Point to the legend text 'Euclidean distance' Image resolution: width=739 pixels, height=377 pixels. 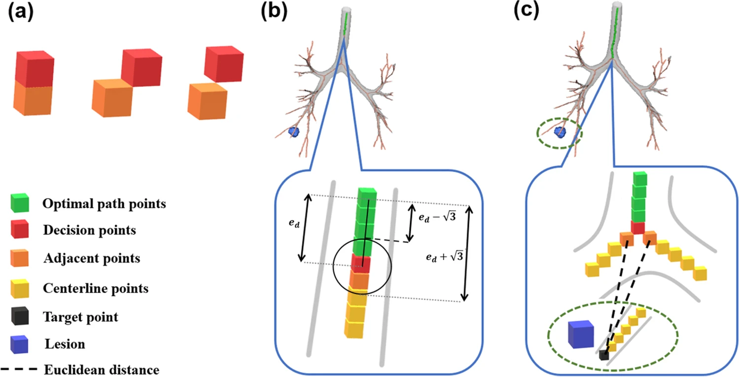pyautogui.click(x=101, y=370)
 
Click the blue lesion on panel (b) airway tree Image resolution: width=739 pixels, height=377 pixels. pyautogui.click(x=294, y=132)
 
